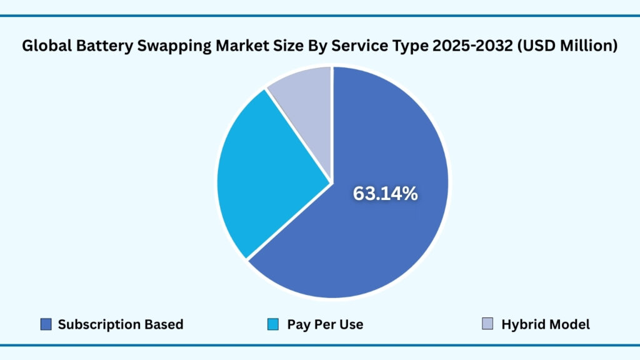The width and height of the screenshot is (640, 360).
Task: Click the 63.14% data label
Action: point(385,194)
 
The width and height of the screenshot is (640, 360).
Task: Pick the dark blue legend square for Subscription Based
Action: point(46,324)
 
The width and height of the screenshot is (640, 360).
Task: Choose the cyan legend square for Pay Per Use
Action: point(272,324)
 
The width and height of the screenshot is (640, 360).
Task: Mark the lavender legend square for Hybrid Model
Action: point(487,324)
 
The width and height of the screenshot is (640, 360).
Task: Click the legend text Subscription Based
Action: point(121,324)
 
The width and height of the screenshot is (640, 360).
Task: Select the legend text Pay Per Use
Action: point(325,324)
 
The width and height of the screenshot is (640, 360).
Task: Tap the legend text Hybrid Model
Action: point(546,324)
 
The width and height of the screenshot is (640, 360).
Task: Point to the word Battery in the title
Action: point(97,46)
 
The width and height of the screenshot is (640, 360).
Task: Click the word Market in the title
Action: point(227,46)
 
